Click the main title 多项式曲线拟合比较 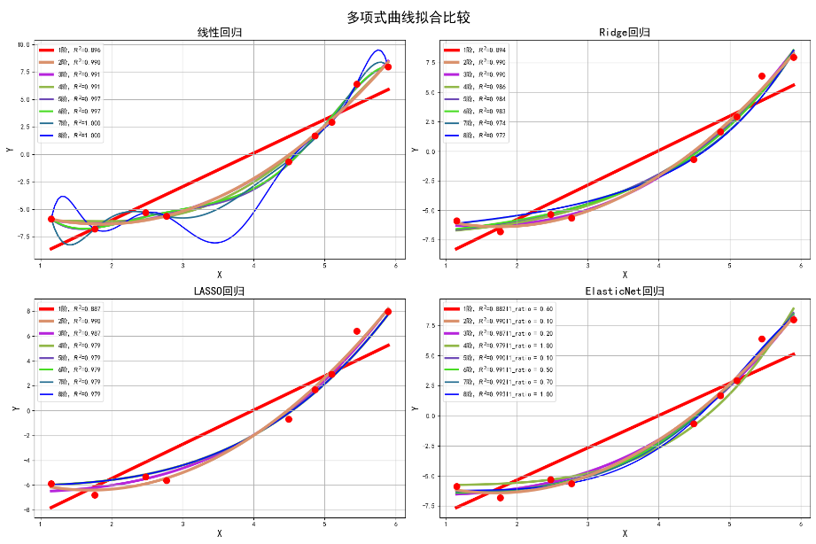[408, 17]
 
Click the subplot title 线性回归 [219, 33]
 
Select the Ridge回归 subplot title [625, 33]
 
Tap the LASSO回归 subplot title [219, 291]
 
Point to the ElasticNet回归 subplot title [625, 291]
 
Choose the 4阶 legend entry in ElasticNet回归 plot [496, 345]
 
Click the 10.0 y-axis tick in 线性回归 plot [23, 44]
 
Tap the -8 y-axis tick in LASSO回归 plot [28, 509]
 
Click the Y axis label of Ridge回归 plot [415, 150]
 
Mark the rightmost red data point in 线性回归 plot [388, 67]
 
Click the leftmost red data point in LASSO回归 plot [51, 484]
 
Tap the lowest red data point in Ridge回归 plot [500, 231]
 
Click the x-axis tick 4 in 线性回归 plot [253, 265]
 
